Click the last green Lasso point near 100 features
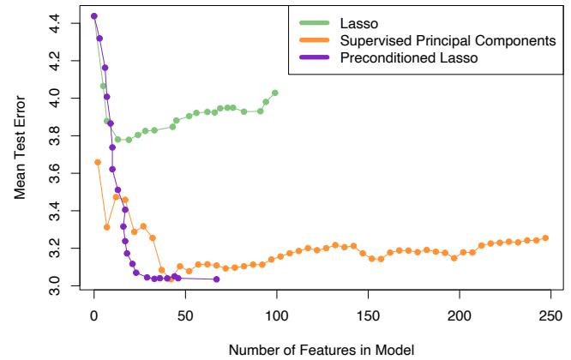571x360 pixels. tap(275, 93)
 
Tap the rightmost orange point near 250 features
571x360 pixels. tap(545, 237)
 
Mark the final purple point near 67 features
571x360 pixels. tap(216, 279)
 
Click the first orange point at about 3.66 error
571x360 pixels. tap(98, 162)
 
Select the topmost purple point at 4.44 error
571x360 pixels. tap(94, 16)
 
